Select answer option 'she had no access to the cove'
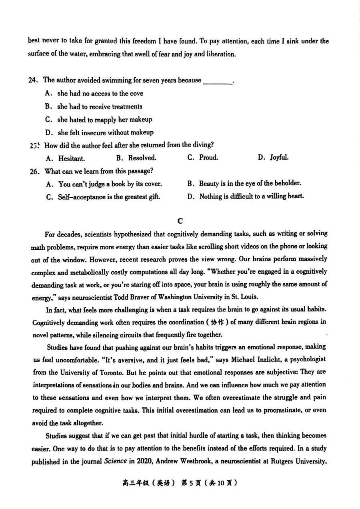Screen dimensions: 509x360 pyautogui.click(x=100, y=94)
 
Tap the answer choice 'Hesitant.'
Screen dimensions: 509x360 pyautogui.click(x=72, y=158)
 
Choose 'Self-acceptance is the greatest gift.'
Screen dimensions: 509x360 pyautogui.click(x=109, y=196)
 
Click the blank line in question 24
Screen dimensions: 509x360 pyautogui.click(x=218, y=81)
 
